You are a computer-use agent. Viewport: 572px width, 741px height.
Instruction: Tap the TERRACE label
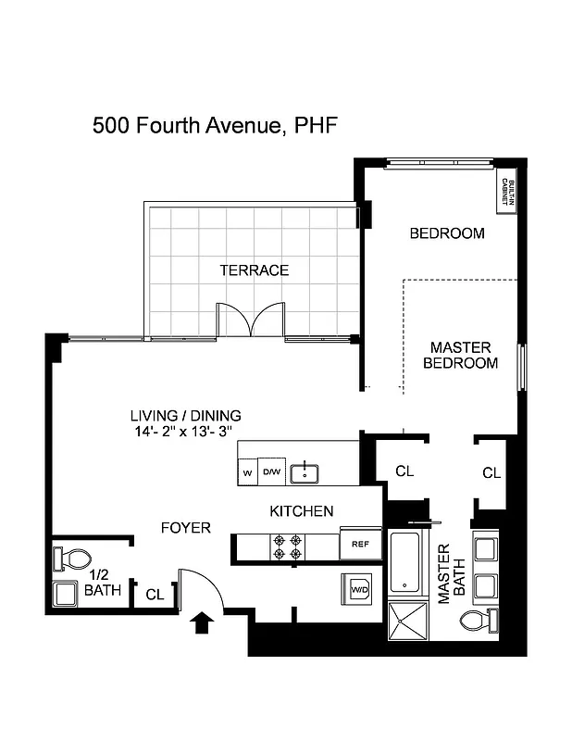tap(254, 270)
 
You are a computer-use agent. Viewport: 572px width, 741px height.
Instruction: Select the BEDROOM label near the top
tap(447, 233)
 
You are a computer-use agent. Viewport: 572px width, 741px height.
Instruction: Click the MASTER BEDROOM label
tap(460, 355)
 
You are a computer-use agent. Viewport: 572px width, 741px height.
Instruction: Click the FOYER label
tap(185, 528)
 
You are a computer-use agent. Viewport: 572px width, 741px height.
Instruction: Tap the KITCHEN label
tap(302, 511)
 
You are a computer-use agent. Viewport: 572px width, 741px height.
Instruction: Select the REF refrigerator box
tap(360, 544)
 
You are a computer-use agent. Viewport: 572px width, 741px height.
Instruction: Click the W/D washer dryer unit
tap(359, 587)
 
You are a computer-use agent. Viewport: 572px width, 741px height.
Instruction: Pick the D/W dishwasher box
tap(271, 473)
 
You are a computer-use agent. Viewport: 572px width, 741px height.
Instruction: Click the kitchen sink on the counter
tap(305, 473)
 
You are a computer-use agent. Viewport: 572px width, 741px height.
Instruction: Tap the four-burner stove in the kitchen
tap(286, 546)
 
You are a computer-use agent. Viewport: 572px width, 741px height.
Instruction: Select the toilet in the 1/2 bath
tap(74, 559)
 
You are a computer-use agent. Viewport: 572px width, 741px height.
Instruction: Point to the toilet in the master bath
tap(479, 620)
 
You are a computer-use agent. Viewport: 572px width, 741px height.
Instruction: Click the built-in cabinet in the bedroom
tap(507, 195)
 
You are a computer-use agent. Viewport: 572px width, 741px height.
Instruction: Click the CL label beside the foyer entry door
tap(155, 595)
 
